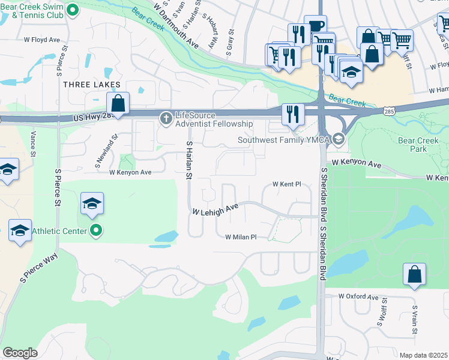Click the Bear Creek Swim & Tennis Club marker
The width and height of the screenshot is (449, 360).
tap(73, 10)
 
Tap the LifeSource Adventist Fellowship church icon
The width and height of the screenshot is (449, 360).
tap(166, 119)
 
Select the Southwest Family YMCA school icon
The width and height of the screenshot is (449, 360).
tap(339, 140)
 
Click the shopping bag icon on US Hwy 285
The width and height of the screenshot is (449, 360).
tap(118, 103)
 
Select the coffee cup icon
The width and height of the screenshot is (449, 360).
tap(315, 26)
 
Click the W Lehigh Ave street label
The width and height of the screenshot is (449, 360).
tap(215, 209)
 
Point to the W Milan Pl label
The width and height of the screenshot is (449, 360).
tap(241, 237)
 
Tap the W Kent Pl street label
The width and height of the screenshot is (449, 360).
tap(286, 184)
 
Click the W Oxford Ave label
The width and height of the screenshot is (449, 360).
tap(358, 296)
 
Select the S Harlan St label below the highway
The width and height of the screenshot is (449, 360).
tap(188, 160)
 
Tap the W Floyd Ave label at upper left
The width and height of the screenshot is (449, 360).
tap(42, 40)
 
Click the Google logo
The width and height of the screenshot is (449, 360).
tap(20, 353)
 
